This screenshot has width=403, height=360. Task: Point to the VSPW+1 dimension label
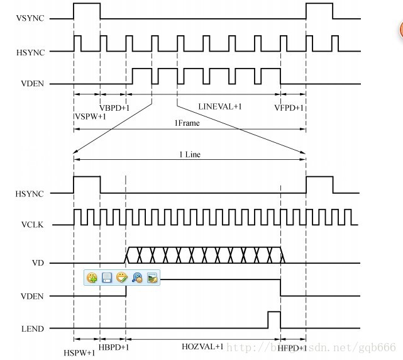91,116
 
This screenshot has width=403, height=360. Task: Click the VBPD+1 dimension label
114,108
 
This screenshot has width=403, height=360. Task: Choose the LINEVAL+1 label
220,106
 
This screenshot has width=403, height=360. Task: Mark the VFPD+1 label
289,108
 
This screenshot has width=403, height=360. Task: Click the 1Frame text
187,123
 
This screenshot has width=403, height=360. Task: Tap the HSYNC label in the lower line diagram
30,194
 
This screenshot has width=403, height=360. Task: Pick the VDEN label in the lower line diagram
31,296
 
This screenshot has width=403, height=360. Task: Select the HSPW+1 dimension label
80,352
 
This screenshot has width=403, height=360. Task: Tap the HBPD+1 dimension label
114,347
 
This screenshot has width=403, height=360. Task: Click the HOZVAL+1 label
202,347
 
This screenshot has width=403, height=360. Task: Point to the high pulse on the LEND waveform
273,319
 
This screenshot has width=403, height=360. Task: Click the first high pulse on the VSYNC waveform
87,11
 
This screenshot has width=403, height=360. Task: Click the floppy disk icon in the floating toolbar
107,277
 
